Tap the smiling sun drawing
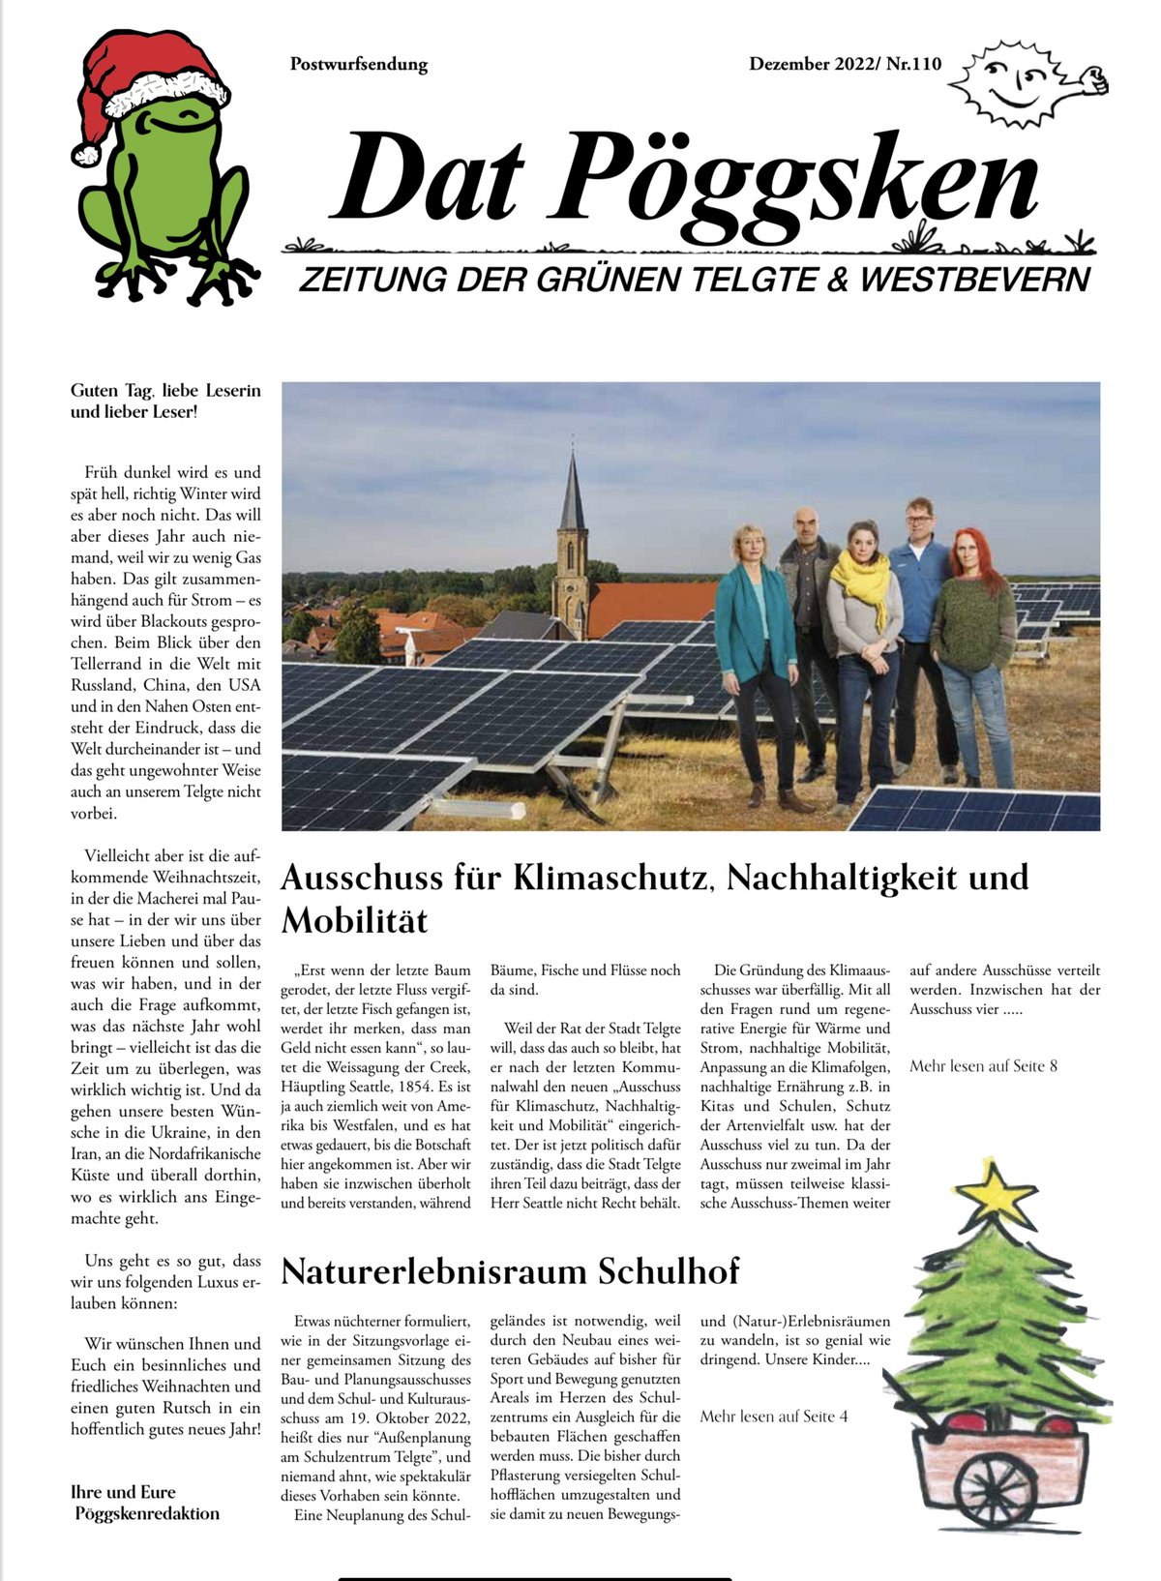(x=1016, y=82)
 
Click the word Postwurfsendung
(x=358, y=65)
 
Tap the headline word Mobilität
(x=354, y=920)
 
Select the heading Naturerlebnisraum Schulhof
(x=510, y=1270)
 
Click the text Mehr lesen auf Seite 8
(x=983, y=1066)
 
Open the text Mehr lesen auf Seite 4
(x=773, y=1417)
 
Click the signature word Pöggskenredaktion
(x=147, y=1513)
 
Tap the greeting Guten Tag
(x=111, y=391)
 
